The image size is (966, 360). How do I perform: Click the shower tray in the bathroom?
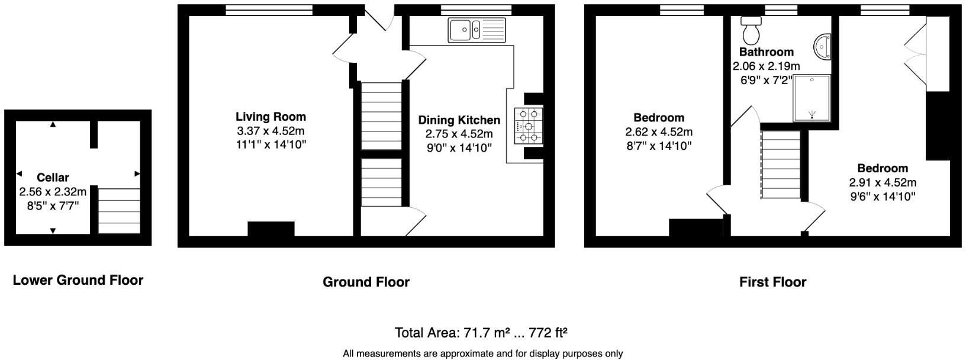(812, 98)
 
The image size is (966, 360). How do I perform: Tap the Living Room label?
(271, 117)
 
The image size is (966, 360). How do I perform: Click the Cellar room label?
(53, 177)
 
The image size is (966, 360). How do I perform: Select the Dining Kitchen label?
(459, 120)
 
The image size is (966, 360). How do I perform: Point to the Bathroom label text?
(766, 52)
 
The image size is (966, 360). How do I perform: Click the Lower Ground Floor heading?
(78, 280)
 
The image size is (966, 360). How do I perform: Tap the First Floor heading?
(772, 282)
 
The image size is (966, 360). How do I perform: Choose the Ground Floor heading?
(366, 282)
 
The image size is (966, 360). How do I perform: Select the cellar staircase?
(119, 211)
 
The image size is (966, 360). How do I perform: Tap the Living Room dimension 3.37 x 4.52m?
(271, 130)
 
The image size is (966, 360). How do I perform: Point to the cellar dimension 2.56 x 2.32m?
(53, 191)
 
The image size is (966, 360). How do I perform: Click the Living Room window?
(269, 9)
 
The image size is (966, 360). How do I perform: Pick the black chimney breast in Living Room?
(271, 229)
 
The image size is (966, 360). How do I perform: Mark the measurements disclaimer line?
(482, 354)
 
